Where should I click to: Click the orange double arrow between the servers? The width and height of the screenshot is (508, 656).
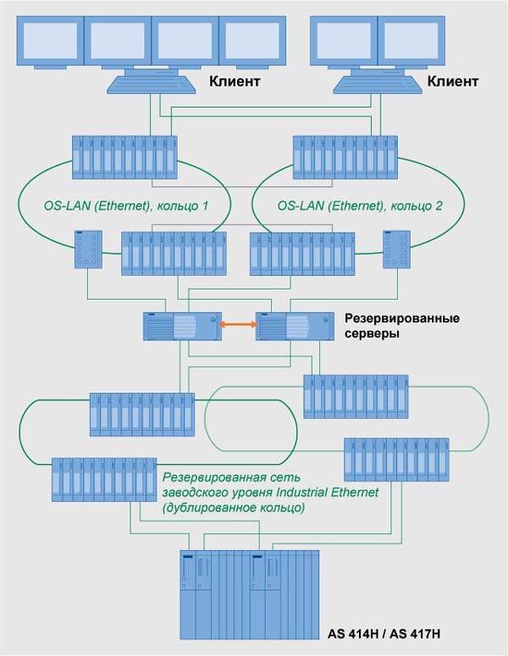coord(239,324)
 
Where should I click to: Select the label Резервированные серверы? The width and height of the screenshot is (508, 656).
coord(401,326)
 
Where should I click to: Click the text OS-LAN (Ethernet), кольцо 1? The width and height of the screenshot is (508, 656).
coord(125,206)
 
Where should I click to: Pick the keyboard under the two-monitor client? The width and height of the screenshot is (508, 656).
coord(375,84)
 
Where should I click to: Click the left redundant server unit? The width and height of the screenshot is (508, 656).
coord(181,325)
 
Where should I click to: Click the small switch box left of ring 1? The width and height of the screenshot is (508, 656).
coord(89,248)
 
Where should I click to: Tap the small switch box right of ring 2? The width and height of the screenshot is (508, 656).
coord(395,248)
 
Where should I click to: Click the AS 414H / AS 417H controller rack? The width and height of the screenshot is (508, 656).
coord(250,593)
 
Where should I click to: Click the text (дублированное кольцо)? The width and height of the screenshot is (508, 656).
coord(232,508)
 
